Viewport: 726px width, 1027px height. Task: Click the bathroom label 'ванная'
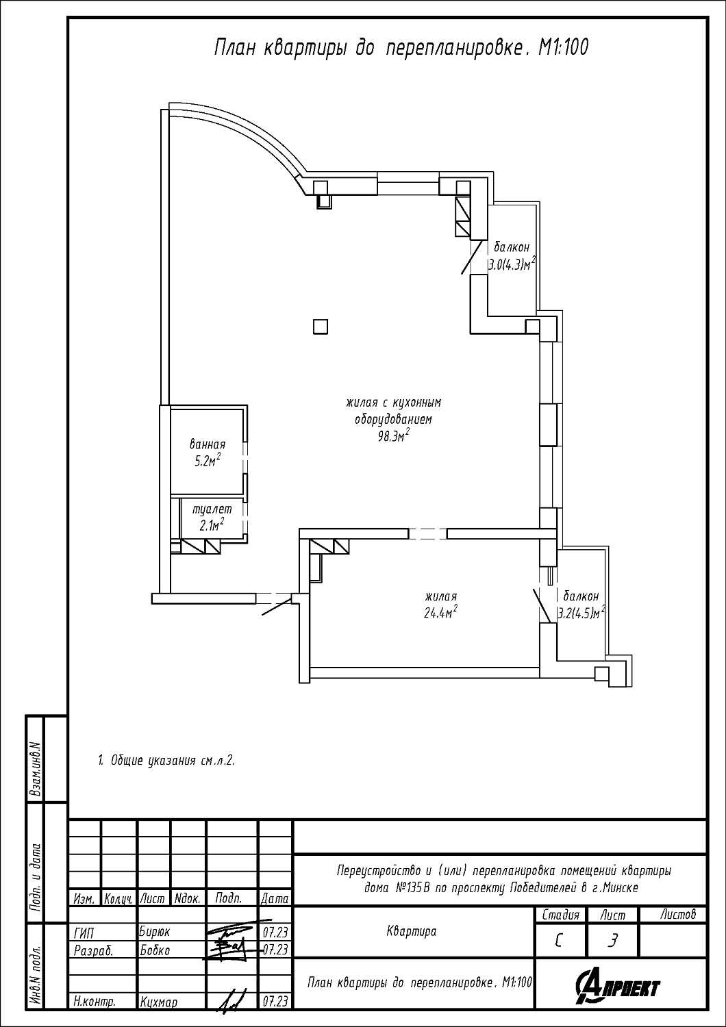208,444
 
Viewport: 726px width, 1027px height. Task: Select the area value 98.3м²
394,436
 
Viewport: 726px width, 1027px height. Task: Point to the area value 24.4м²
440,612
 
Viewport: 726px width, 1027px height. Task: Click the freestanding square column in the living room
321,327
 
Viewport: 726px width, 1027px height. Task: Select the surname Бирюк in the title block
155,932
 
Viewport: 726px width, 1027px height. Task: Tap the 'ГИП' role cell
84,933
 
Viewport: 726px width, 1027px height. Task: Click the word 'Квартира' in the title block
412,931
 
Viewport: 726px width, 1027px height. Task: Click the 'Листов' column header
678,914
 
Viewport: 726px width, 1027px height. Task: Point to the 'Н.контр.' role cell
95,1002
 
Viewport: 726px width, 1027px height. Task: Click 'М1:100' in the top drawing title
563,48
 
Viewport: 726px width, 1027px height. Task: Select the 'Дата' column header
275,898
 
